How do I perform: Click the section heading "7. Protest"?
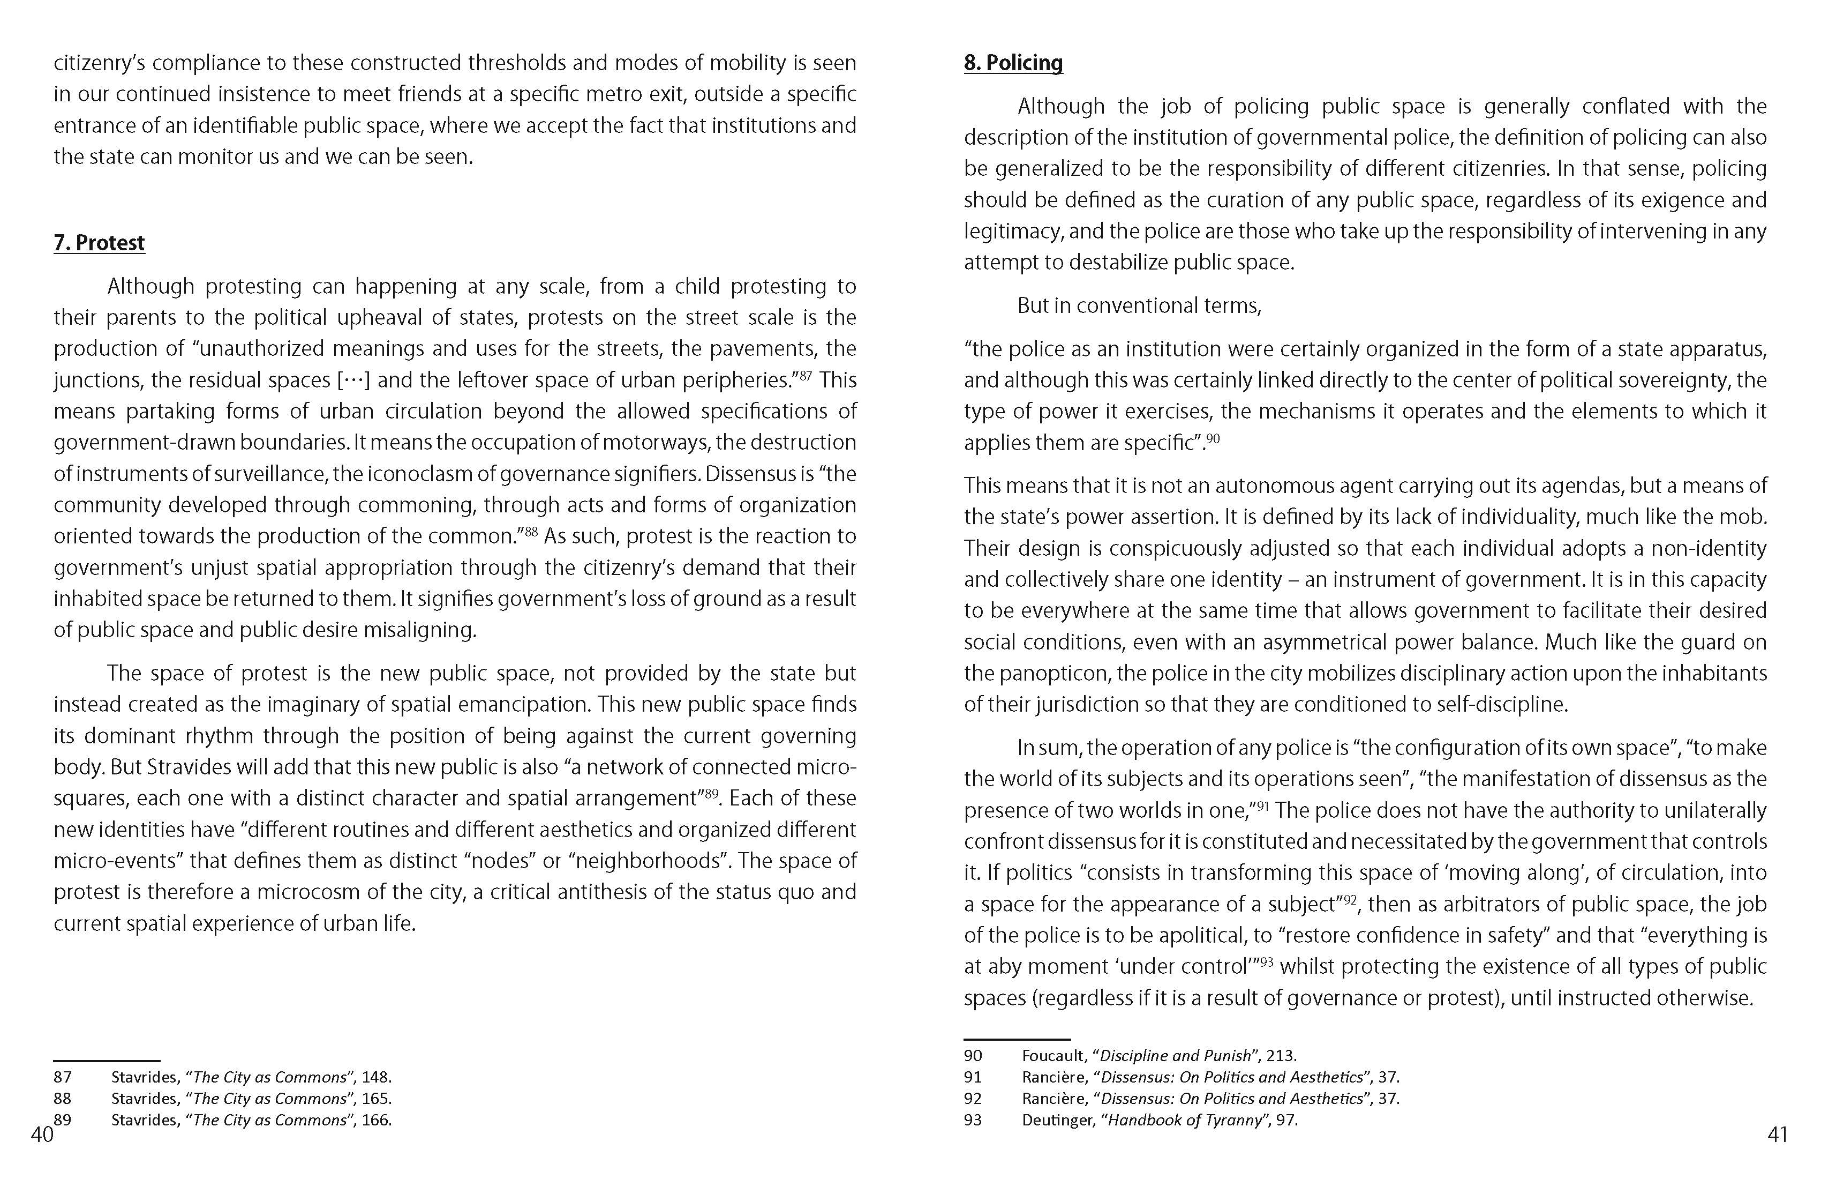click(x=99, y=243)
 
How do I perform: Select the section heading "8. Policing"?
click(x=1013, y=63)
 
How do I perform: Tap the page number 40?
click(x=42, y=1135)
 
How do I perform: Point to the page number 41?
click(x=1778, y=1135)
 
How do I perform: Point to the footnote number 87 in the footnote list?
click(x=63, y=1077)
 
